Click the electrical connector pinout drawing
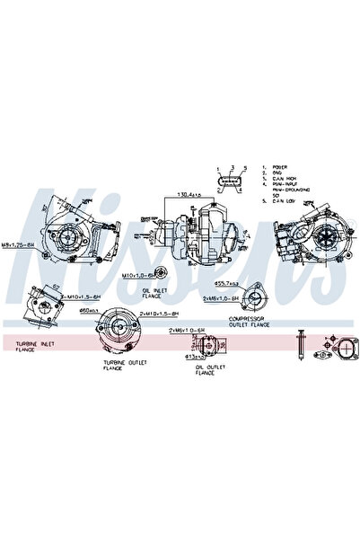coord(231,181)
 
